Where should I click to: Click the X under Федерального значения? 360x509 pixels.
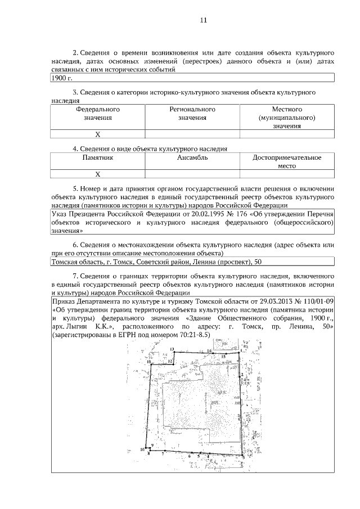click(97, 134)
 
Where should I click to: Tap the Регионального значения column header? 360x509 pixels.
click(192, 113)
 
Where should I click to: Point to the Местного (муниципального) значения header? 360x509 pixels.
click(287, 118)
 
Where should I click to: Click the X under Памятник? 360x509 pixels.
click(97, 174)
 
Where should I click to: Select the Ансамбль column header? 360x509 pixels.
click(192, 158)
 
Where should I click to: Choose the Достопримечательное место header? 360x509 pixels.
click(287, 162)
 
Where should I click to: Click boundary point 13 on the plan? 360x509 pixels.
click(172, 350)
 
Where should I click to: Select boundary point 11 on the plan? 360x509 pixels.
click(149, 363)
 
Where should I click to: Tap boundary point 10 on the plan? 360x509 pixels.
click(143, 450)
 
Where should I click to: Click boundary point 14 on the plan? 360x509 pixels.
click(209, 351)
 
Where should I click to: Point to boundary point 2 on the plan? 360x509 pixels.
click(242, 374)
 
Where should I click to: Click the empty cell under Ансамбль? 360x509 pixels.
click(192, 174)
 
